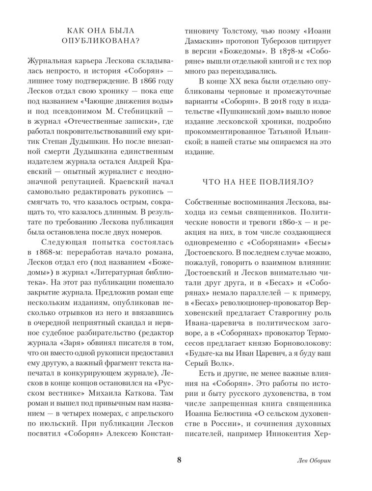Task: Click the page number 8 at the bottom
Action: click(x=179, y=460)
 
